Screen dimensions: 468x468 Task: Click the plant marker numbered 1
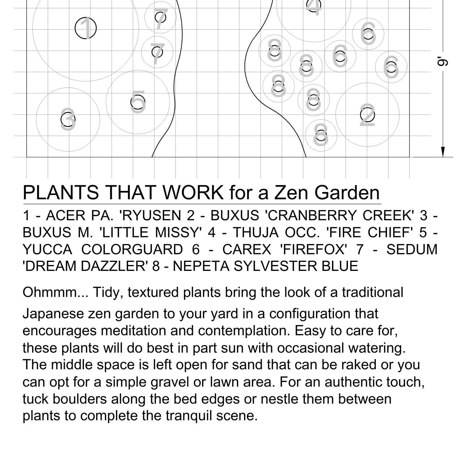point(86,28)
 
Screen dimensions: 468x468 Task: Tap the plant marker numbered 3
point(68,119)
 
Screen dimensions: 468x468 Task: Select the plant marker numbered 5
point(138,102)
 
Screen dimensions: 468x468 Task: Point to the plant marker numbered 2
point(367,115)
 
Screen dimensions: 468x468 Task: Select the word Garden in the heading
point(347,192)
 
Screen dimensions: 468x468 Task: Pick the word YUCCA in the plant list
point(47,250)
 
